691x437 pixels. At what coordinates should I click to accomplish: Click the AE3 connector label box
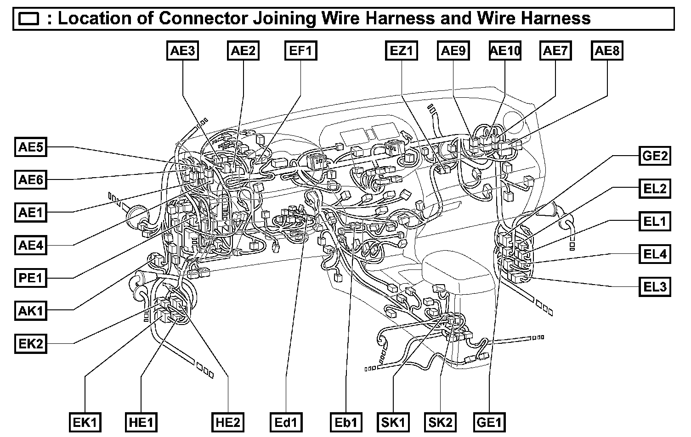coord(183,50)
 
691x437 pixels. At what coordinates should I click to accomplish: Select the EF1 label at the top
coord(300,50)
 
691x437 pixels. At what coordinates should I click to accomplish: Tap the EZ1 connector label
coord(401,50)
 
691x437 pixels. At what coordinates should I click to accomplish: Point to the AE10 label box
coord(505,50)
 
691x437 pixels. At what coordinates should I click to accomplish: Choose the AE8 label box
coord(607,50)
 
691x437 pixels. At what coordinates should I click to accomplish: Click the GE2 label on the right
coord(655,156)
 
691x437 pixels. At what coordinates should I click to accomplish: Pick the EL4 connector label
coord(655,254)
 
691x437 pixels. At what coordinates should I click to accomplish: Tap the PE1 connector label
coord(31,278)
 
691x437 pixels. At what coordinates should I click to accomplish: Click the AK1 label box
coord(31,311)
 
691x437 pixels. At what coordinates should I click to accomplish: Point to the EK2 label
coord(31,344)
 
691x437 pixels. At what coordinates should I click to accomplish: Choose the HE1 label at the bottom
coord(142,422)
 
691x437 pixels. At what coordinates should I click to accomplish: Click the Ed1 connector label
coord(286,422)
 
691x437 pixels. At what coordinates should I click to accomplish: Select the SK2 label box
coord(440,422)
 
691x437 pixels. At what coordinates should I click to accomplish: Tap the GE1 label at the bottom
coord(489,422)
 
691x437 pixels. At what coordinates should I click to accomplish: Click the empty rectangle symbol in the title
coord(30,19)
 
